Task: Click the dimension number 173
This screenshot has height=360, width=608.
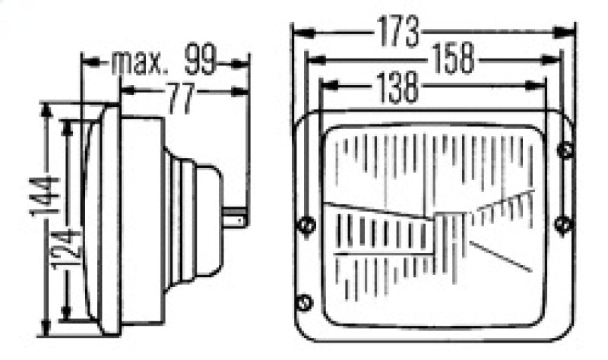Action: [x=397, y=32]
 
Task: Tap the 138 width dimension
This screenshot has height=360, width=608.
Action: [x=396, y=87]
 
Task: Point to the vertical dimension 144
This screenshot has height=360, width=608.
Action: [x=45, y=196]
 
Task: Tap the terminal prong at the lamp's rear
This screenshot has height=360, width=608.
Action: [x=237, y=219]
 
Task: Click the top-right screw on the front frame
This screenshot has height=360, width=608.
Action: [x=565, y=150]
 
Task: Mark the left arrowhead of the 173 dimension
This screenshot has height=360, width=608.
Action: [x=299, y=33]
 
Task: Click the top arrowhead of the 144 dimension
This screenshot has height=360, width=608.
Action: [x=47, y=108]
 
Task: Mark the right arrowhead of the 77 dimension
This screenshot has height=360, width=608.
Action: [x=242, y=91]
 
